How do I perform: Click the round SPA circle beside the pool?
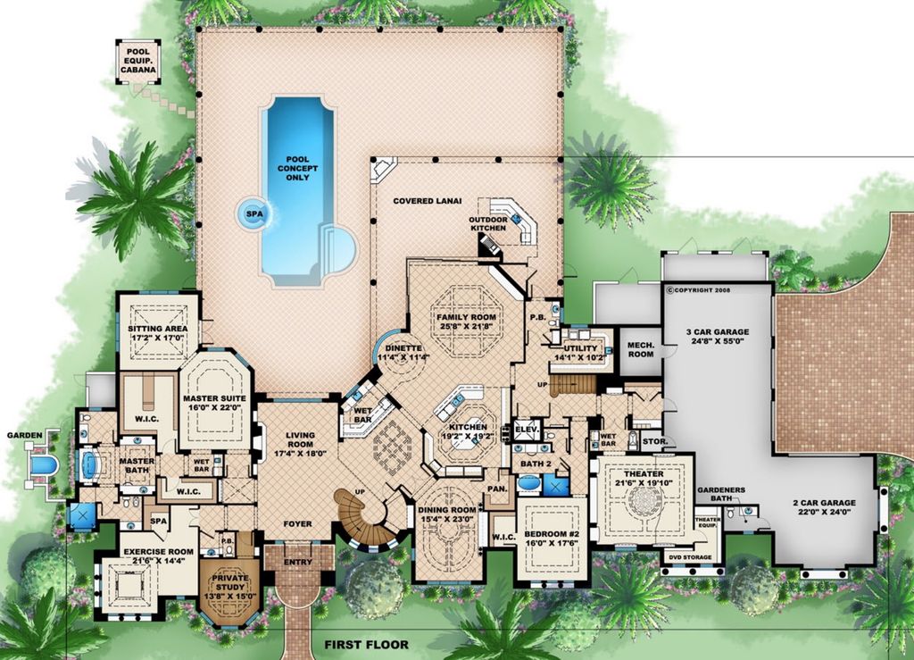point(254,214)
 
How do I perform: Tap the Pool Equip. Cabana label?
point(138,61)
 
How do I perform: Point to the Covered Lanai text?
point(428,201)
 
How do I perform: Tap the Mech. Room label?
point(641,349)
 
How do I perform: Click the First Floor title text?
point(367,644)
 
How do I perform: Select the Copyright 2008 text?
point(698,289)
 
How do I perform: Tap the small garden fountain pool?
point(43,464)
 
